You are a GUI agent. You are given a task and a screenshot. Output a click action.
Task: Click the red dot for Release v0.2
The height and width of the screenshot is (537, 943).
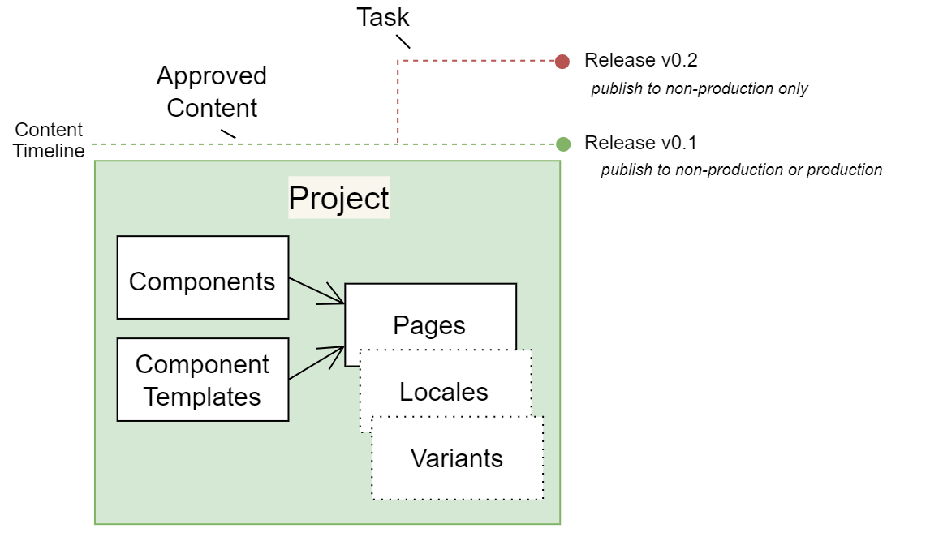[562, 61]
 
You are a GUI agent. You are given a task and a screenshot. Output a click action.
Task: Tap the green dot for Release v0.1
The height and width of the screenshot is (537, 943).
[562, 144]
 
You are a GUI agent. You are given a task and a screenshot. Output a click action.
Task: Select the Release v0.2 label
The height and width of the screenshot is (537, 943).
[641, 61]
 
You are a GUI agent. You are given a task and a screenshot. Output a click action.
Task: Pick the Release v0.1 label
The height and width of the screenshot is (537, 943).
[641, 144]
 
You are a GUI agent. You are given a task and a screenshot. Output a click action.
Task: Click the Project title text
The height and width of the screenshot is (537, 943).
[339, 198]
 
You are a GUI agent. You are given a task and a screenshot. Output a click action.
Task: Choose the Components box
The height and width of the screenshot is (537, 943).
[203, 277]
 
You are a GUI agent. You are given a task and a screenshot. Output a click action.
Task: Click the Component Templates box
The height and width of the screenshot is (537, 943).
[203, 380]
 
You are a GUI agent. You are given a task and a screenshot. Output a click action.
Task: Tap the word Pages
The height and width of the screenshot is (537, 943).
[429, 325]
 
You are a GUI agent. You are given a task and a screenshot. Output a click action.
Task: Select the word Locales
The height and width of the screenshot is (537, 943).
[444, 392]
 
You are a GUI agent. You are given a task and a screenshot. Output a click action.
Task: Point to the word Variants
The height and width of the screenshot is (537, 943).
[457, 458]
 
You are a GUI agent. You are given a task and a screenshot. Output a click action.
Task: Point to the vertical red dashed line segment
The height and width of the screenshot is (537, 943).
[398, 101]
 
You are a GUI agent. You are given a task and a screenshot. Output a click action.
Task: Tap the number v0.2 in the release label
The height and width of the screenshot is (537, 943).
[679, 61]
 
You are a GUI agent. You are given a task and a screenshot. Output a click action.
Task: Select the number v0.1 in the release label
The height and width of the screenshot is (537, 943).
[679, 144]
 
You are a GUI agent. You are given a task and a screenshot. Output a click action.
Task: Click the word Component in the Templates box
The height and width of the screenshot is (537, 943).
[202, 364]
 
